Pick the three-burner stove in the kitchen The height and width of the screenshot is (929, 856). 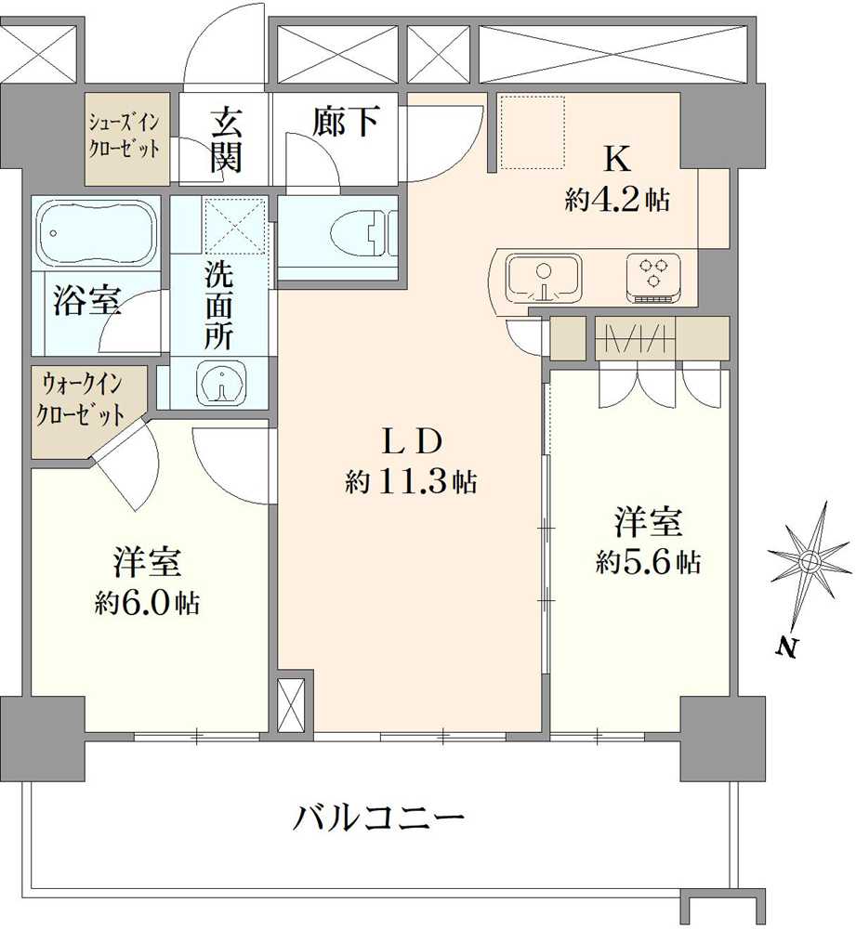pyautogui.click(x=655, y=275)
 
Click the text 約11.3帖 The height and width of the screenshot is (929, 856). pyautogui.click(x=411, y=480)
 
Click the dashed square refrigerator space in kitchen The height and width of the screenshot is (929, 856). pyautogui.click(x=533, y=131)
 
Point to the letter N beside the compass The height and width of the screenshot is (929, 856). pyautogui.click(x=787, y=648)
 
